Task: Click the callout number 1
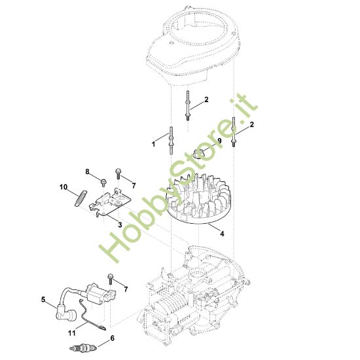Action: click(x=153, y=143)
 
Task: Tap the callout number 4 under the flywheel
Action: click(x=222, y=233)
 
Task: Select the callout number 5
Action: click(x=43, y=300)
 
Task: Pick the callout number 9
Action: click(x=219, y=140)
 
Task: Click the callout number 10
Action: click(x=64, y=187)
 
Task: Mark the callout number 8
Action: click(x=87, y=171)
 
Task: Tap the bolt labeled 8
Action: click(x=104, y=179)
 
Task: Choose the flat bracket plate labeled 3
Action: click(x=111, y=200)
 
